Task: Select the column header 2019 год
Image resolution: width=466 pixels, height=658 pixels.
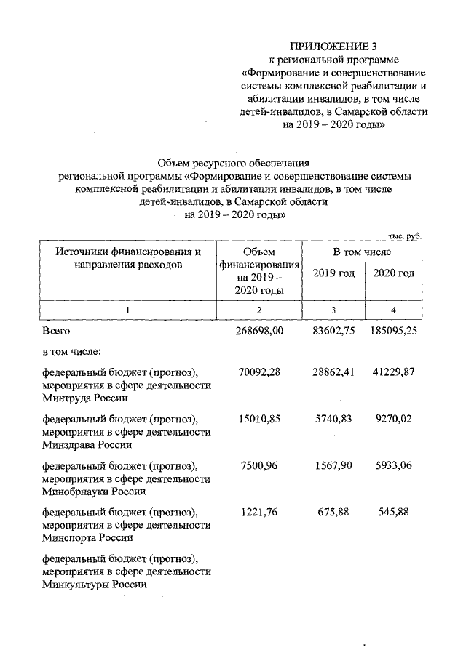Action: [333, 273]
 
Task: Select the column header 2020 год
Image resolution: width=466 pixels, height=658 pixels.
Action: [393, 273]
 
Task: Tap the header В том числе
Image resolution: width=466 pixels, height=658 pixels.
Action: [362, 252]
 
